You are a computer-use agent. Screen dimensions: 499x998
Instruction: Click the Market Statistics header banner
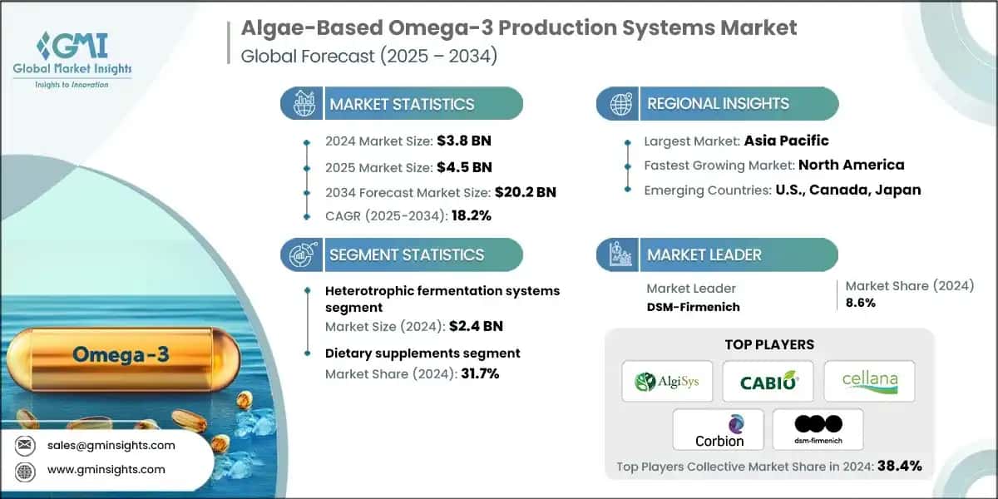(x=403, y=104)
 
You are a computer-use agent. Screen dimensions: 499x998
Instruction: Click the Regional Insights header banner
(x=718, y=104)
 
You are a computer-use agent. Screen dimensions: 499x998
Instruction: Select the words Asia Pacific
(x=785, y=140)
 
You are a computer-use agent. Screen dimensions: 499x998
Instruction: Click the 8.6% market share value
(x=860, y=303)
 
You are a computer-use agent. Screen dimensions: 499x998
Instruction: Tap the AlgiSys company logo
(x=667, y=382)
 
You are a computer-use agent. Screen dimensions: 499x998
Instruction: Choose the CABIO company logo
(x=768, y=382)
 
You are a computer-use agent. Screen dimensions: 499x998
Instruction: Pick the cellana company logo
(x=868, y=382)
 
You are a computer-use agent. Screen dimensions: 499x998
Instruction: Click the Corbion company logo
(x=719, y=430)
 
